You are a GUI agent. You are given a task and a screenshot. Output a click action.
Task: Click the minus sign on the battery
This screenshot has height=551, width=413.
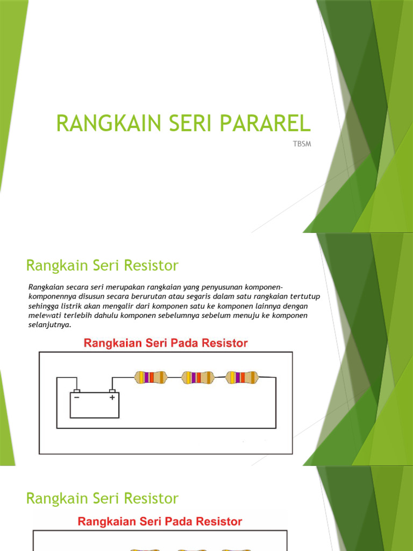[x=76, y=398]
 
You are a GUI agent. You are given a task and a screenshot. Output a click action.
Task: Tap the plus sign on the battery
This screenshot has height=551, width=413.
[x=112, y=398]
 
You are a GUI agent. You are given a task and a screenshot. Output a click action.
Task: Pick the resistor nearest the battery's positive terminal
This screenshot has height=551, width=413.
[x=151, y=377]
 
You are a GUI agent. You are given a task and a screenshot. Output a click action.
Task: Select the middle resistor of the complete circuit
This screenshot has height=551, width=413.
[x=197, y=377]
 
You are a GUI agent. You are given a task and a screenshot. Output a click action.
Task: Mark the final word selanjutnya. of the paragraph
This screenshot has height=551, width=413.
[x=49, y=324]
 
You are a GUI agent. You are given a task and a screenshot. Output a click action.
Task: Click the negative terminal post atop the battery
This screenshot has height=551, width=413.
[x=77, y=391]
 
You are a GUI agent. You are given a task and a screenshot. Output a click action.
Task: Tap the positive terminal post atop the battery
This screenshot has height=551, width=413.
[x=112, y=391]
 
